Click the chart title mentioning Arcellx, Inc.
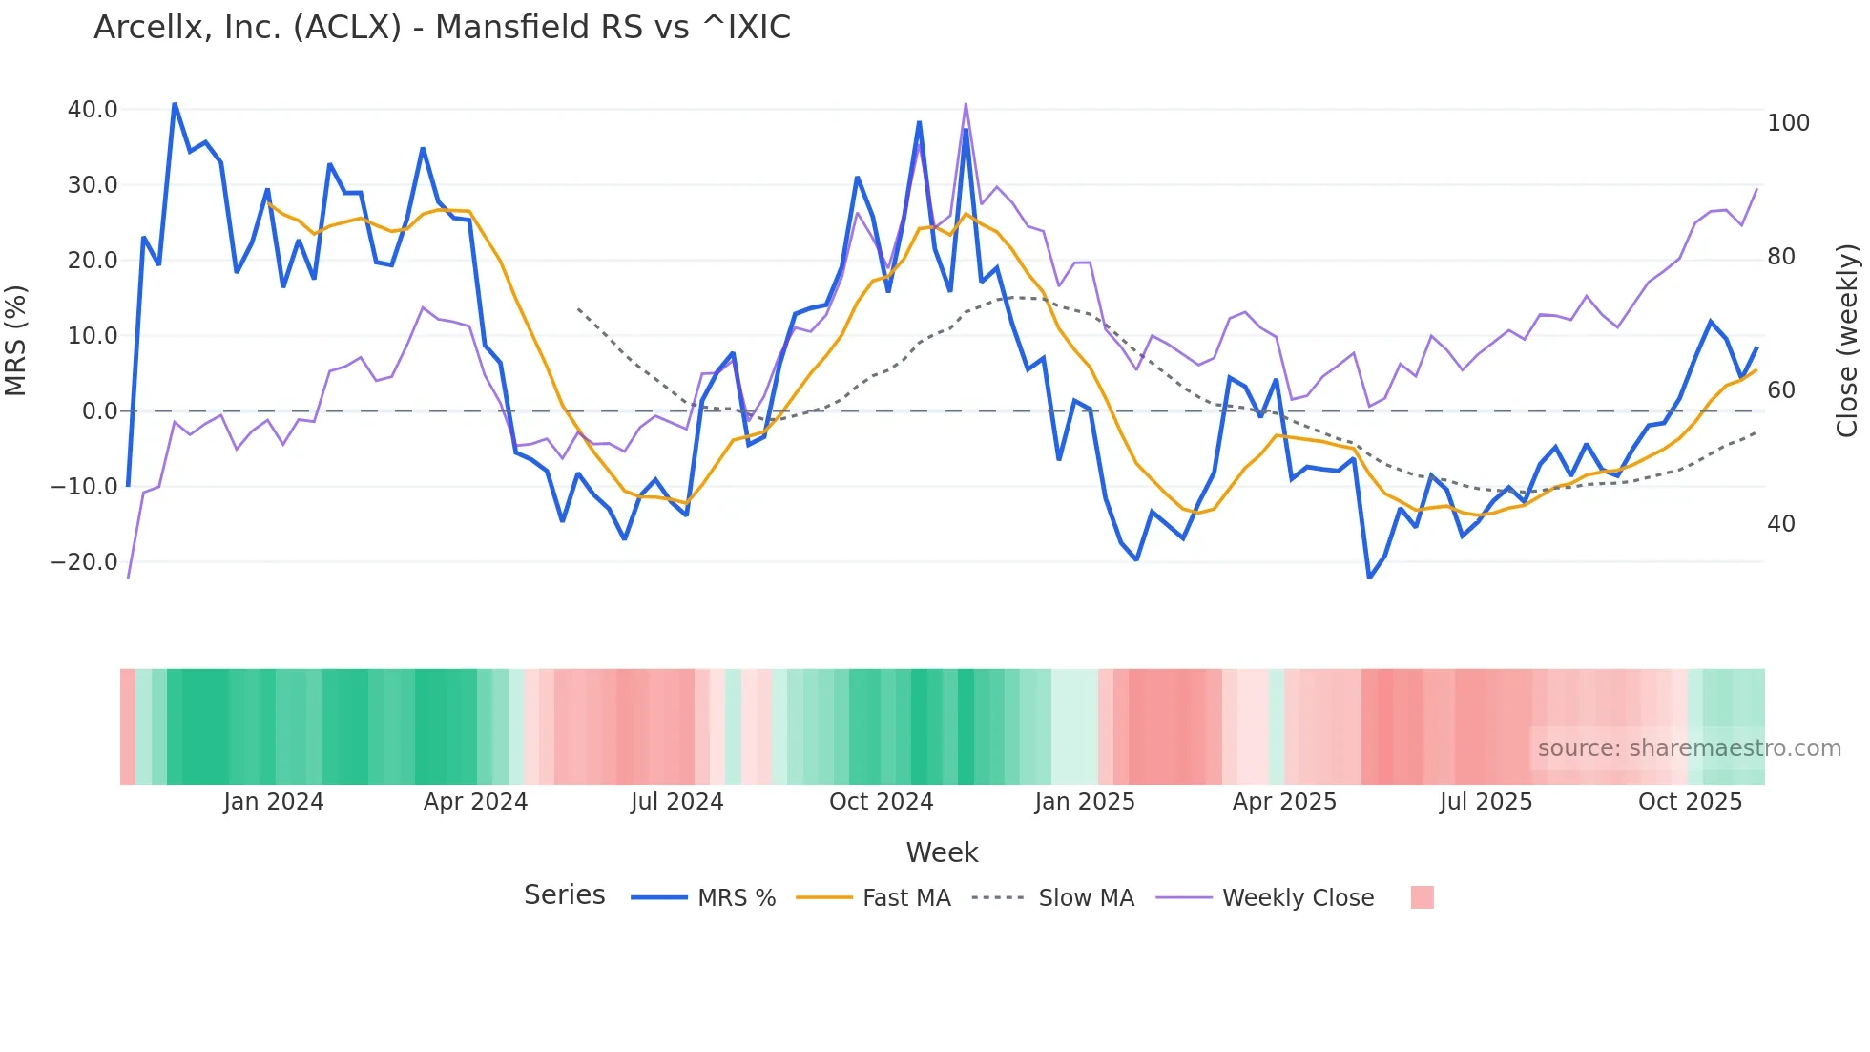[442, 28]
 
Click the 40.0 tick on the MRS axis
[93, 110]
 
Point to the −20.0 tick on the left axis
[84, 562]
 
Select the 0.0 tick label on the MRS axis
[99, 411]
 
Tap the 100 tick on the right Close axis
[1788, 123]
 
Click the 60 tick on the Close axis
[1780, 390]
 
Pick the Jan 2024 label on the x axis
[274, 802]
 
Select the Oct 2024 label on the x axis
[881, 802]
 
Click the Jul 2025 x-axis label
[1486, 802]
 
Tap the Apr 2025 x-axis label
[1284, 802]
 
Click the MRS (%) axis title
[16, 341]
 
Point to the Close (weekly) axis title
[1848, 341]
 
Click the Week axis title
[942, 852]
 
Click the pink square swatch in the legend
[1422, 897]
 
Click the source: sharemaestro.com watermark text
[1689, 748]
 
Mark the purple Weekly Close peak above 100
[966, 103]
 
